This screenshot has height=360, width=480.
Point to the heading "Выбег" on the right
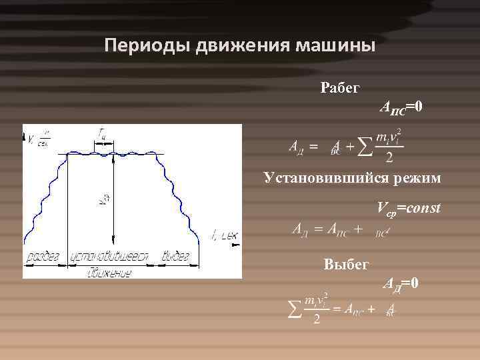click(x=346, y=264)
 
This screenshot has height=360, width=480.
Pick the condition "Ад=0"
click(x=400, y=283)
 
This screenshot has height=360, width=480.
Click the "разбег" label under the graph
click(x=44, y=256)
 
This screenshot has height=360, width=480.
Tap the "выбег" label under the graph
click(x=176, y=256)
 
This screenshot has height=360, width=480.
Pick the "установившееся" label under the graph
click(x=111, y=256)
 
